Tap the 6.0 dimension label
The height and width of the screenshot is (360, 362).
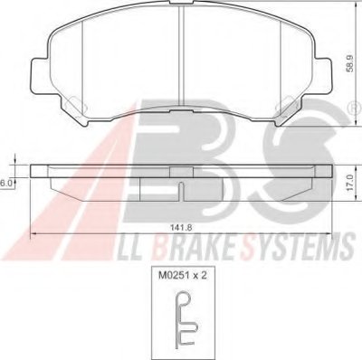[5, 183]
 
